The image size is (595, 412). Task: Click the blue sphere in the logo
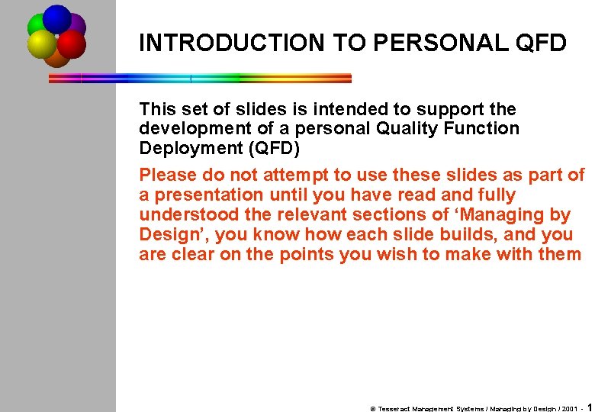click(x=56, y=18)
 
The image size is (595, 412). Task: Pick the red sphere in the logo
click(x=71, y=44)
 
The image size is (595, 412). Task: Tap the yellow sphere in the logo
click(x=42, y=44)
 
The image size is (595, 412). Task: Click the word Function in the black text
click(x=474, y=129)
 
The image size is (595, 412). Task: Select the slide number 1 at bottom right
click(x=589, y=407)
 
